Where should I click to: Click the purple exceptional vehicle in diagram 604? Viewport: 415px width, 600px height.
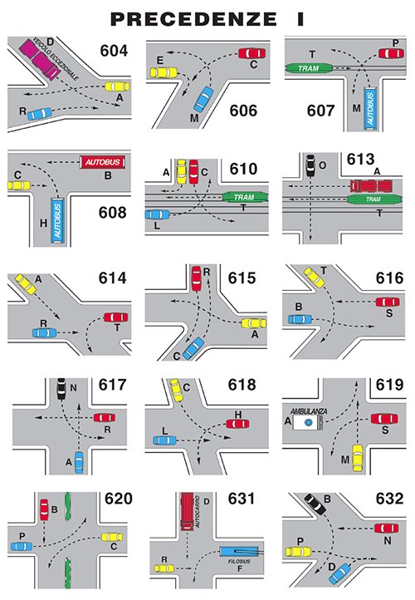click(x=40, y=58)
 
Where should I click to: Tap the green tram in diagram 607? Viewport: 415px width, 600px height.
click(x=309, y=68)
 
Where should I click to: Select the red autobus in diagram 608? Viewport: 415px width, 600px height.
click(x=102, y=162)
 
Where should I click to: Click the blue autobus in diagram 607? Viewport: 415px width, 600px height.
click(x=370, y=108)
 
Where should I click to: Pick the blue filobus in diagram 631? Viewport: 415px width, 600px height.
click(x=239, y=552)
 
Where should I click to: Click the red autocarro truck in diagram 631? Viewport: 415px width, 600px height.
click(x=188, y=511)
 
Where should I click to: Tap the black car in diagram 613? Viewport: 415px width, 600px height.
click(x=310, y=165)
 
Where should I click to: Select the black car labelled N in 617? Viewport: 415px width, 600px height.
click(x=61, y=388)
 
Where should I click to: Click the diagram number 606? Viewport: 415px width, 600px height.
click(x=243, y=111)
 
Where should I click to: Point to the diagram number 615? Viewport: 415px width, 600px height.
click(x=242, y=278)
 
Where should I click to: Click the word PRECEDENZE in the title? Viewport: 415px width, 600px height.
click(x=193, y=19)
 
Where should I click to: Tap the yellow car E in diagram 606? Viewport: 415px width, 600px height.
click(x=164, y=72)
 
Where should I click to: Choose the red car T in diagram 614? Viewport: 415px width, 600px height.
click(x=116, y=317)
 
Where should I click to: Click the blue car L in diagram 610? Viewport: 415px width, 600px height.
click(x=157, y=214)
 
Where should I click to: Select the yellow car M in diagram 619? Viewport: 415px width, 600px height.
click(x=357, y=458)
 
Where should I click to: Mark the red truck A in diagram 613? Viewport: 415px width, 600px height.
click(x=372, y=186)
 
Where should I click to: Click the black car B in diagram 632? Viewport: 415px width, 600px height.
click(x=315, y=504)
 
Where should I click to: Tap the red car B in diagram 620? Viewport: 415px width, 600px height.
click(x=44, y=509)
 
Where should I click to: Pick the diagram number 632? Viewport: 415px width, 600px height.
click(x=389, y=499)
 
